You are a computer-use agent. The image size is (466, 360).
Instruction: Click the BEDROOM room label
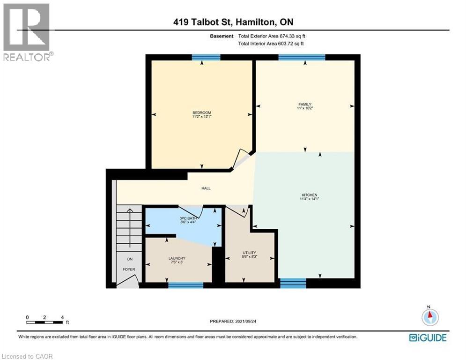point(201,112)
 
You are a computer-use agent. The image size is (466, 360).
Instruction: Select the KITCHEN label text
point(309,195)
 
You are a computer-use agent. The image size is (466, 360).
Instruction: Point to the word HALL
point(206,188)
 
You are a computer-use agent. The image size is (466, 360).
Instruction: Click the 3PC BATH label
point(186,219)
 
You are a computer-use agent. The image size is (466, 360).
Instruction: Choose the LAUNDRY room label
point(177,258)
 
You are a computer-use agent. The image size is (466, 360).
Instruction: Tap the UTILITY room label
point(249,253)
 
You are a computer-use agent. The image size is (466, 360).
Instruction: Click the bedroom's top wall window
point(206,57)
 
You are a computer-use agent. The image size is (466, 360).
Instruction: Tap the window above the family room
point(302,57)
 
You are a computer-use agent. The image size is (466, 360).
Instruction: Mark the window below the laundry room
point(185,285)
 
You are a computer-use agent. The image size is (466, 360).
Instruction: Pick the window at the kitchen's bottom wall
point(293,283)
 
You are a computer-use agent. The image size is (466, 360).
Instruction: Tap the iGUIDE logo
point(427,337)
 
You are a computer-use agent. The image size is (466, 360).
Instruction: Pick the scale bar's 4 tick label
point(62,317)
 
